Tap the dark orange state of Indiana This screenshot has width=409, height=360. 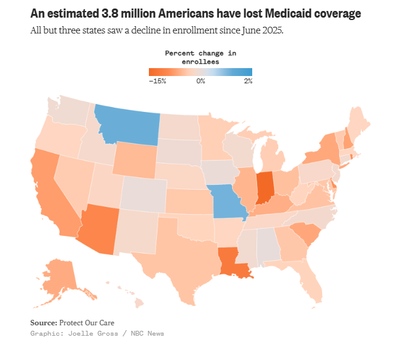(x=265, y=187)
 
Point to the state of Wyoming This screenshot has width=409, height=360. (x=135, y=160)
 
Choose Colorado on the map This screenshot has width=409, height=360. (x=143, y=195)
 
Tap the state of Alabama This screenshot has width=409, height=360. (x=268, y=246)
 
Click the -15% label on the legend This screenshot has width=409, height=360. (x=157, y=81)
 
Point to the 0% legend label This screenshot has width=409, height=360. (x=201, y=81)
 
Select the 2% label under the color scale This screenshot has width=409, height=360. (x=248, y=81)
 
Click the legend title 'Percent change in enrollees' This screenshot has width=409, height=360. (x=201, y=57)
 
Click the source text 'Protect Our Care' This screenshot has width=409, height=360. (x=86, y=323)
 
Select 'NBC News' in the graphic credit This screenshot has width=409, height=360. (x=148, y=333)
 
